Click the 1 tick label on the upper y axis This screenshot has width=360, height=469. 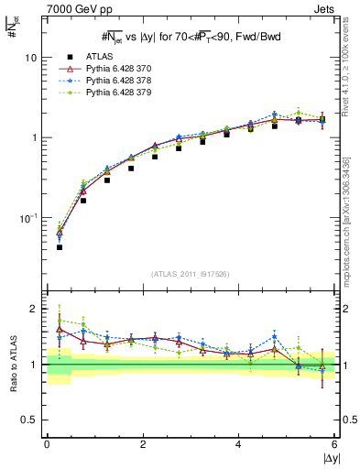click(x=34, y=137)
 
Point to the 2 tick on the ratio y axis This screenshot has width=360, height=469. click(x=34, y=309)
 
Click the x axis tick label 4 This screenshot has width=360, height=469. click(x=238, y=444)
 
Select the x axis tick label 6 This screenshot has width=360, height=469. click(x=334, y=444)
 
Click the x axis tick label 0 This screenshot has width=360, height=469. click(x=47, y=444)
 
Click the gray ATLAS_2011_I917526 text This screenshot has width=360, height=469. click(x=191, y=274)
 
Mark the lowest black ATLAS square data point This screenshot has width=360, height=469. click(x=60, y=247)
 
